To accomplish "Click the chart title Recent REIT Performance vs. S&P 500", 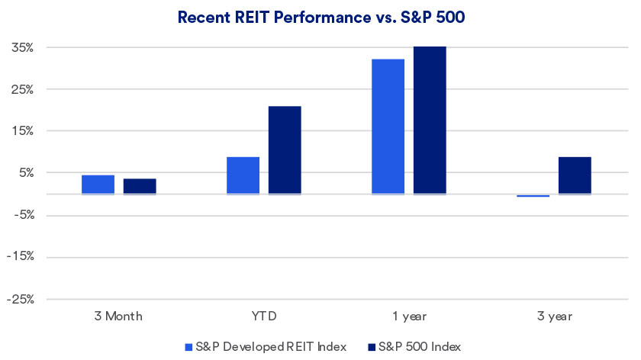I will click(x=320, y=18).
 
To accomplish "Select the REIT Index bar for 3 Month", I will click(x=98, y=185).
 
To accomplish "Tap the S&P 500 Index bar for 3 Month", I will click(x=140, y=186).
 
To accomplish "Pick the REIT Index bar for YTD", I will click(x=243, y=175).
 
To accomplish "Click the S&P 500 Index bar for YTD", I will click(x=285, y=150).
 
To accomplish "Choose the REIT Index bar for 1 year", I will click(x=388, y=127).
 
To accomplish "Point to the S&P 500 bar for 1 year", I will click(x=430, y=121).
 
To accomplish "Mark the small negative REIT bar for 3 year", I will click(x=533, y=196).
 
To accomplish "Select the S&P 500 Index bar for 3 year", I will click(x=575, y=175).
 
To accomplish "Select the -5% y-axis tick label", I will click(x=22, y=215).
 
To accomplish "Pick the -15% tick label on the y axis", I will click(x=21, y=257).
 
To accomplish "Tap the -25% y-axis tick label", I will click(x=21, y=299).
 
